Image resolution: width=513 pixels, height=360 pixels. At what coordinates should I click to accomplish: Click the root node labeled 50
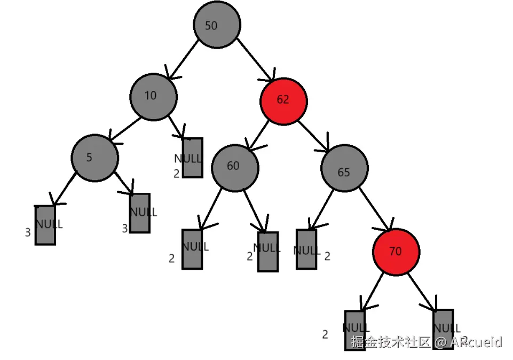[x=217, y=25]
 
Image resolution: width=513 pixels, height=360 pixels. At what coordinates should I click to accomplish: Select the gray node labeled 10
[x=153, y=96]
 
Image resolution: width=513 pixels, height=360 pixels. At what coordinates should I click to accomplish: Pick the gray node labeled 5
[x=95, y=158]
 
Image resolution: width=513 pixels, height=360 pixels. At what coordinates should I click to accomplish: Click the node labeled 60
[x=235, y=167]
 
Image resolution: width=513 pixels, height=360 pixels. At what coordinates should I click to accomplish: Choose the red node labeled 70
[x=396, y=251]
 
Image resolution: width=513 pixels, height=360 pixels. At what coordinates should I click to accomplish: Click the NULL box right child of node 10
[x=193, y=158]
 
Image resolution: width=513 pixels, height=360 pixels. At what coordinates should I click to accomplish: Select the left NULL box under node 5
[x=45, y=225]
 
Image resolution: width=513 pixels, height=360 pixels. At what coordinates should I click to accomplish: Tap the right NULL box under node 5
[x=140, y=213]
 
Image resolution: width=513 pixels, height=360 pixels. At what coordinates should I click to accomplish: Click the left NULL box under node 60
[x=192, y=249]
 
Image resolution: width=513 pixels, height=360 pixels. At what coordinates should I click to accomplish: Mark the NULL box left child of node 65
[x=306, y=249]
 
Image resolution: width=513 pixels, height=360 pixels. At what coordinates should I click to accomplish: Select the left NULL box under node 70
[x=354, y=330]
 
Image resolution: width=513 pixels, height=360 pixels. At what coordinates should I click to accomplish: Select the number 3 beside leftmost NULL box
[x=28, y=232]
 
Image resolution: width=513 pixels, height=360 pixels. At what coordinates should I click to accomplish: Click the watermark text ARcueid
[x=476, y=342]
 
